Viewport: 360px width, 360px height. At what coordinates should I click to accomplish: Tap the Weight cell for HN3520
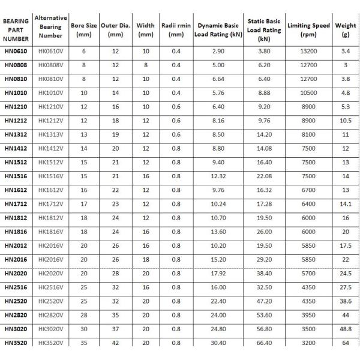(346, 343)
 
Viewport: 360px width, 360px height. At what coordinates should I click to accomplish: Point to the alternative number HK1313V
(51, 134)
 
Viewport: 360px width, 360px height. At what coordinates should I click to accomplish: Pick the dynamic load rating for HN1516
(218, 176)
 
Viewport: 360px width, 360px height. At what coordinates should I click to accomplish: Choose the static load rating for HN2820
(263, 315)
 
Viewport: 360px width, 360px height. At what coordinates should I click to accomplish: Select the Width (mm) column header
(145, 30)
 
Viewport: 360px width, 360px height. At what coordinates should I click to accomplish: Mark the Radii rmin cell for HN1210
(175, 106)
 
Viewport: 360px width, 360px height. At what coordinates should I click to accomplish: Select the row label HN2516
(16, 287)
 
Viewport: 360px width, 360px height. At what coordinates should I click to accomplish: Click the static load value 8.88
(263, 92)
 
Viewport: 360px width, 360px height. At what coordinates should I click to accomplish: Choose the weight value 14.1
(346, 204)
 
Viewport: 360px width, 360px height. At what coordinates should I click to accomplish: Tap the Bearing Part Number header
(16, 29)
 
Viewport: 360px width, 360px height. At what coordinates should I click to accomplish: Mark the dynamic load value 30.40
(218, 343)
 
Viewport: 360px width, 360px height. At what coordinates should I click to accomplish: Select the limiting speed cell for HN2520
(308, 301)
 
